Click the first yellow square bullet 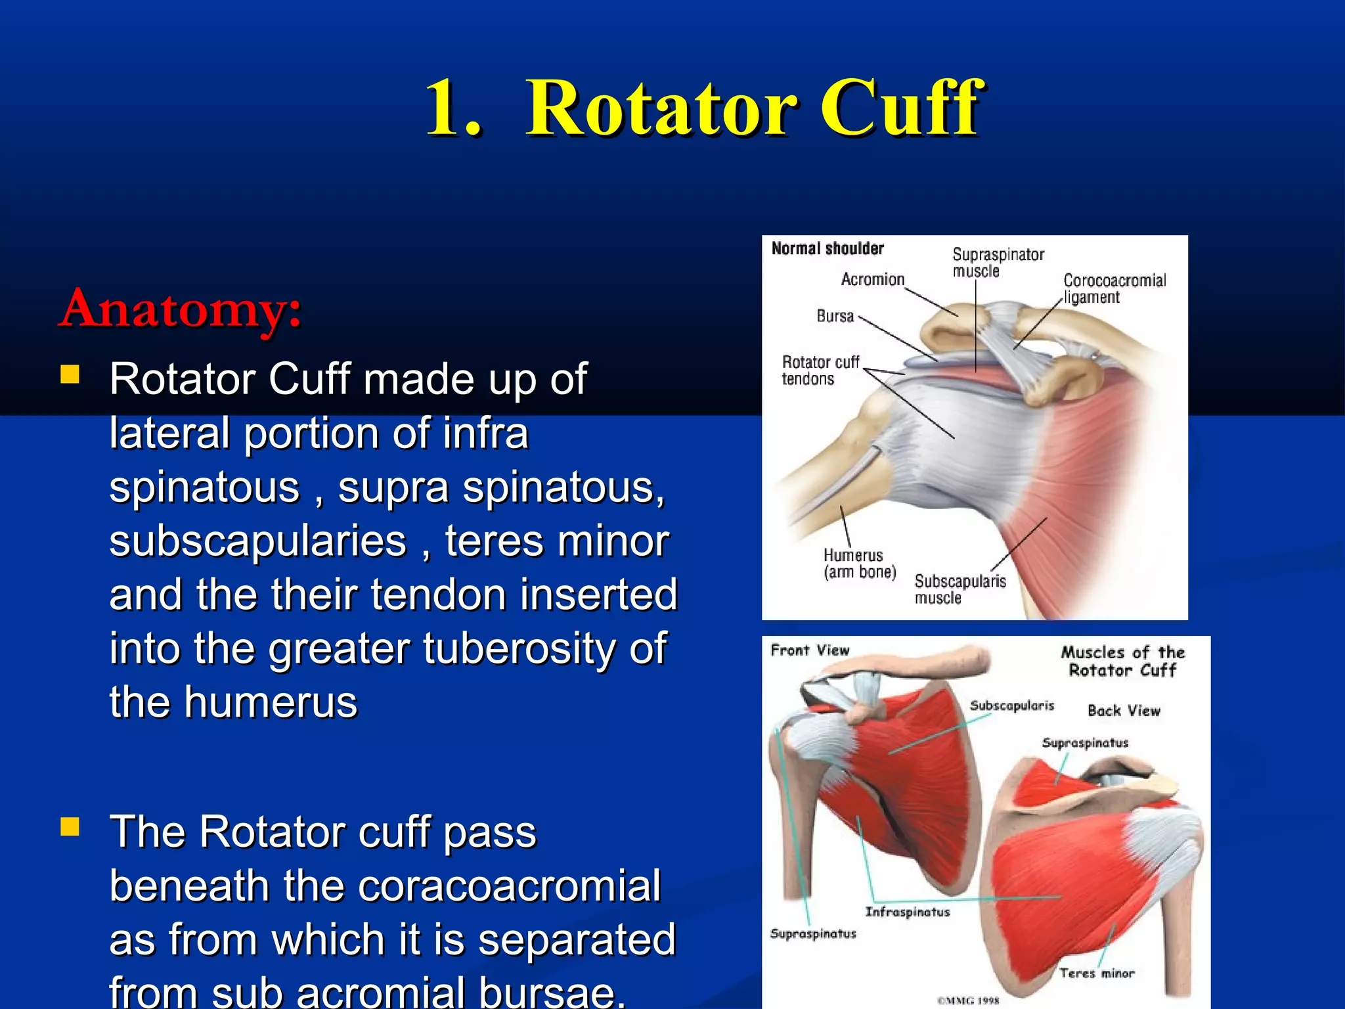[x=70, y=375]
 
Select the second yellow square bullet [x=70, y=826]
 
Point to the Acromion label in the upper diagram [x=872, y=280]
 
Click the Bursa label [x=835, y=317]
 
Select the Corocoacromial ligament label [x=1114, y=288]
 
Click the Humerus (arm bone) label [x=859, y=564]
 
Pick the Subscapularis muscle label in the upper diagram [x=959, y=589]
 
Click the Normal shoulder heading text [x=827, y=249]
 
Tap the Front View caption [x=809, y=650]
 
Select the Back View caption [x=1123, y=711]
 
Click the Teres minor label [x=1096, y=974]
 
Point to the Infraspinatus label [x=907, y=912]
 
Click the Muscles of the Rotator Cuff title [x=1122, y=661]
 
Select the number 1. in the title [x=453, y=108]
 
